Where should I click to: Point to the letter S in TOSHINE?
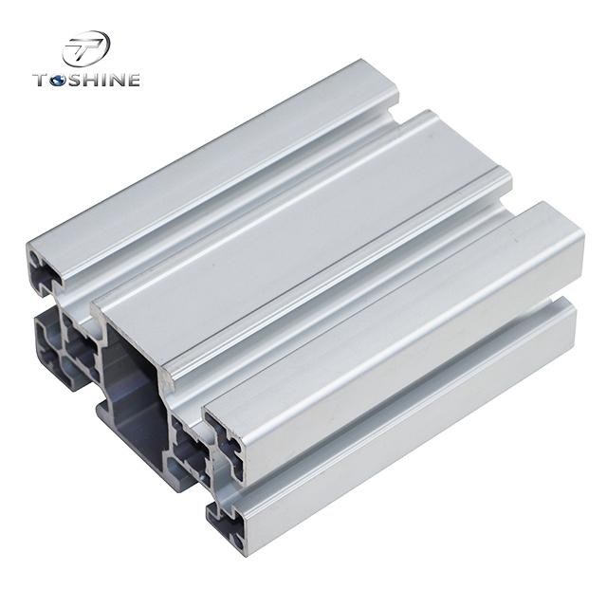(74, 80)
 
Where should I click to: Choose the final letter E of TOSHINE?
(133, 80)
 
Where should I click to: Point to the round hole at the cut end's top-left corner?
(34, 255)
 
